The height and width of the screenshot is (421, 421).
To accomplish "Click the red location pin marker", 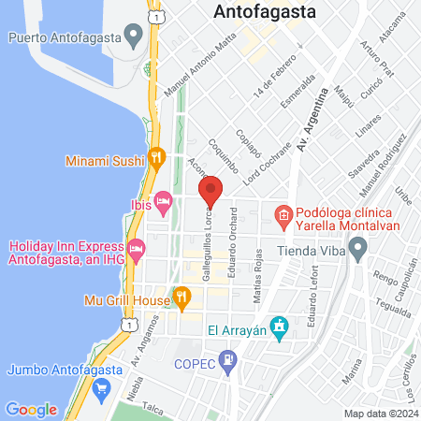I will (x=210, y=191).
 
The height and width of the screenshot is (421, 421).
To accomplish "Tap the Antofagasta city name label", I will (x=265, y=12).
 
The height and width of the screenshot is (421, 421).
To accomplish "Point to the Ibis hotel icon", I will (x=164, y=200).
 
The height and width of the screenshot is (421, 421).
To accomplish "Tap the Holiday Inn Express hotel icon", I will (x=137, y=249).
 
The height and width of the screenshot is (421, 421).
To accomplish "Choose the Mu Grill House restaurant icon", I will (x=181, y=300).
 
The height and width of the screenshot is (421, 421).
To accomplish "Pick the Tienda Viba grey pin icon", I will (x=356, y=250).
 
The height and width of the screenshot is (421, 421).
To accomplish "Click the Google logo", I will (x=31, y=409).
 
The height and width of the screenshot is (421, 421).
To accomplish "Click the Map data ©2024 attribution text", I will (x=381, y=414).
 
